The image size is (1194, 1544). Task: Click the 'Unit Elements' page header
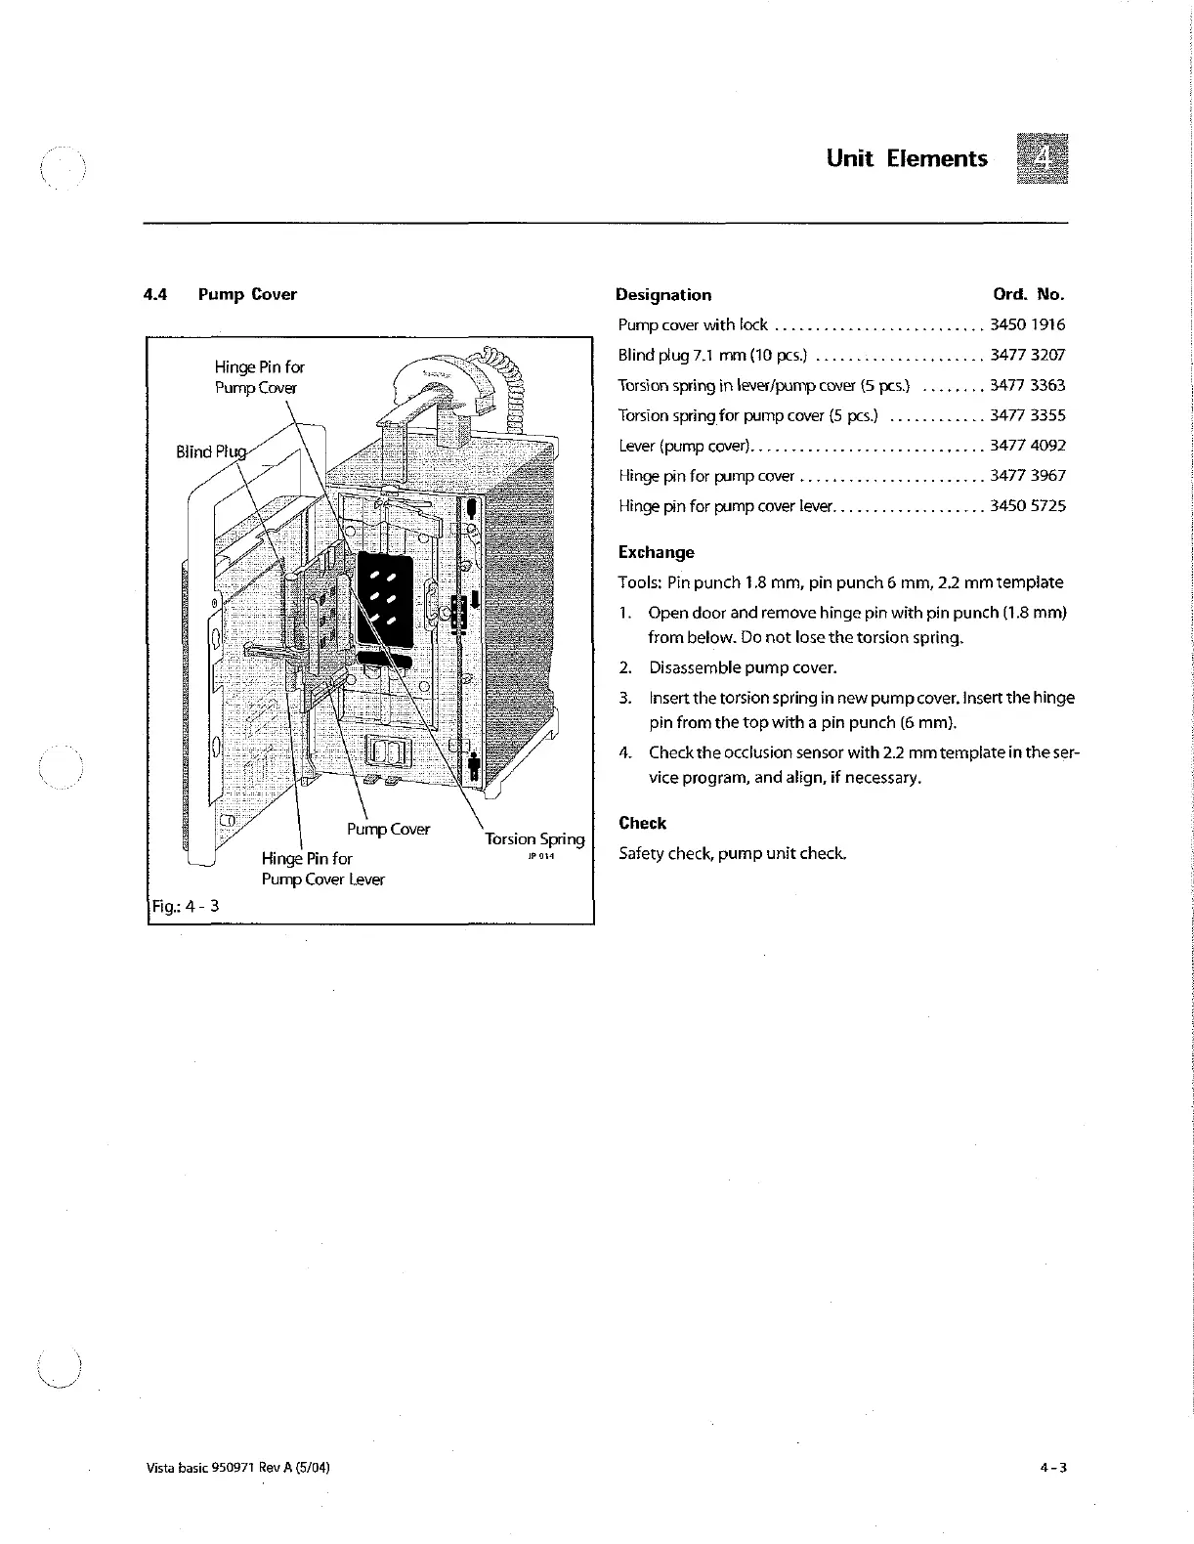pyautogui.click(x=906, y=158)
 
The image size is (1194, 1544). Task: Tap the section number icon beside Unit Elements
pyautogui.click(x=1042, y=158)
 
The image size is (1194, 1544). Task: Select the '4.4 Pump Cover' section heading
pyautogui.click(x=220, y=294)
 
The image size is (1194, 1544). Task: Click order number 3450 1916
pyautogui.click(x=1027, y=324)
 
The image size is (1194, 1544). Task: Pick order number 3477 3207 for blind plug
pyautogui.click(x=1027, y=355)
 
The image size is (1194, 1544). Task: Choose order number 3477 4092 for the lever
pyautogui.click(x=1027, y=446)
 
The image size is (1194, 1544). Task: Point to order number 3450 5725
pyautogui.click(x=1027, y=506)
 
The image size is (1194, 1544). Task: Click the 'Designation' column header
pyautogui.click(x=663, y=294)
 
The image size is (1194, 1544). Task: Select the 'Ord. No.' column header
pyautogui.click(x=1028, y=294)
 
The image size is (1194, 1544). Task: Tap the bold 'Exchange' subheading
pyautogui.click(x=656, y=552)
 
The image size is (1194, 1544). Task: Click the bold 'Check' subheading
pyautogui.click(x=642, y=823)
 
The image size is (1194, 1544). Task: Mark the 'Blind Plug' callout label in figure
pyautogui.click(x=211, y=451)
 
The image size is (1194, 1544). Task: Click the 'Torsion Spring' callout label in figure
pyautogui.click(x=534, y=838)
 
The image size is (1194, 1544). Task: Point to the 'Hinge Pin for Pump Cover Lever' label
pyautogui.click(x=322, y=869)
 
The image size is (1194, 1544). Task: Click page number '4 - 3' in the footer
pyautogui.click(x=1052, y=1468)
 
